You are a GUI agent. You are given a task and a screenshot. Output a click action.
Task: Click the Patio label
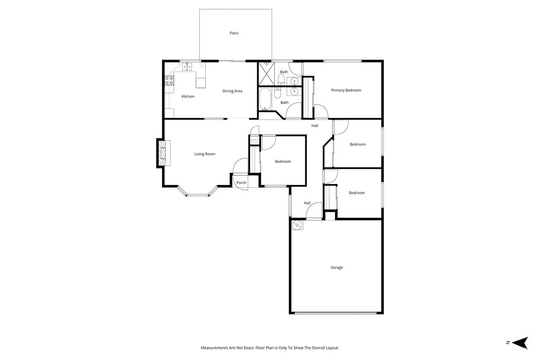pos(234,33)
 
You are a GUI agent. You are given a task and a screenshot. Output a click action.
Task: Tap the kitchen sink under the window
pos(187,67)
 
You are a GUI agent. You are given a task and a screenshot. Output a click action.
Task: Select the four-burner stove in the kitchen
pos(170,81)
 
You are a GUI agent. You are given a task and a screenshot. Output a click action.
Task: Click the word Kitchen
pos(188,96)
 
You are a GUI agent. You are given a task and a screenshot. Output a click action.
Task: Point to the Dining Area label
pos(232,91)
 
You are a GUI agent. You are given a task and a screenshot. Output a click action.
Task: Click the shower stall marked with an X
pos(266,74)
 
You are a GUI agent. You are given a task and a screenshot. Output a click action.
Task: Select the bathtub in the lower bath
pos(265,99)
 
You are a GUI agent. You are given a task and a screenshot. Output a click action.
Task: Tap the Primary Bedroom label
pos(346,90)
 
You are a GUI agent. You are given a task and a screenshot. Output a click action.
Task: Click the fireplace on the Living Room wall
pos(162,153)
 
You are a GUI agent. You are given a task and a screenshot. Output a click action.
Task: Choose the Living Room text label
pos(205,154)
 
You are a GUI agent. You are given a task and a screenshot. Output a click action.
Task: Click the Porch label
pos(241,183)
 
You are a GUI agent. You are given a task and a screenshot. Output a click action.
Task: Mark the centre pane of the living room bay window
pos(198,195)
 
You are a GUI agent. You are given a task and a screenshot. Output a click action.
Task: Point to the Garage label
pos(336,268)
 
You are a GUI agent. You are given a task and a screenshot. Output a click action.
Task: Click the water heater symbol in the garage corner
pos(297,225)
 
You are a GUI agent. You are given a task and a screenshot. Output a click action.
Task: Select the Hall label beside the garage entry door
pos(307,203)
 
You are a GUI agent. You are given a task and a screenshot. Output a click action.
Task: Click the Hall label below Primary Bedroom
pos(314,125)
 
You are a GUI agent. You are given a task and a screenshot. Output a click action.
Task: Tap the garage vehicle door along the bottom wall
pos(335,313)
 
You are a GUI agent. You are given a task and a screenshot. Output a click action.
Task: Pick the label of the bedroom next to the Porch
pos(283,161)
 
